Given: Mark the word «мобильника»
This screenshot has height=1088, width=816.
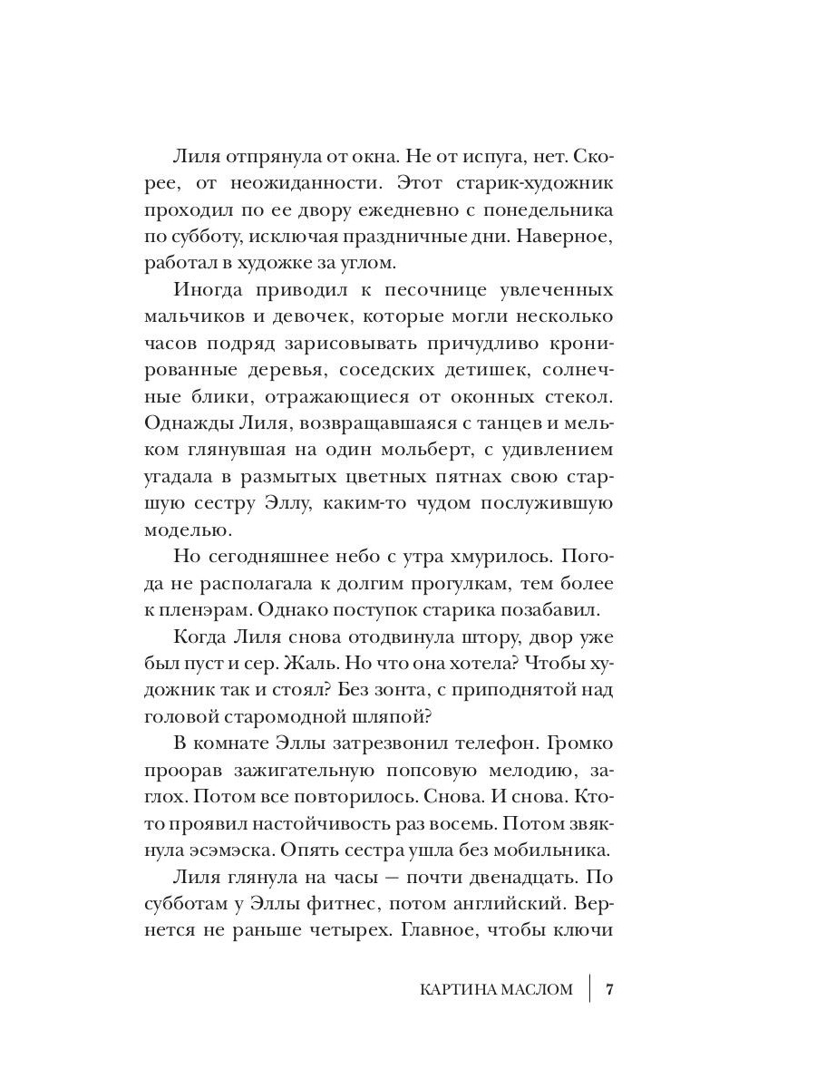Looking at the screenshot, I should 550,851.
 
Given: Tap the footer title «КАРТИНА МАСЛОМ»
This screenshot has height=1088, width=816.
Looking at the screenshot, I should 497,988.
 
